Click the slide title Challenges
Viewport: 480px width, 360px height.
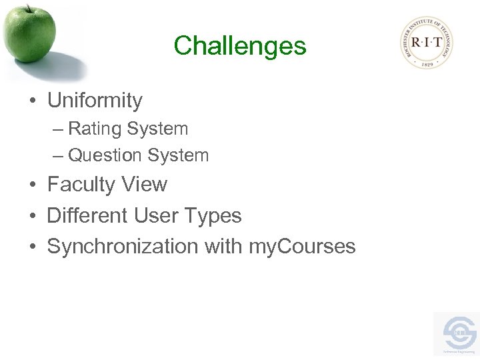pyautogui.click(x=239, y=46)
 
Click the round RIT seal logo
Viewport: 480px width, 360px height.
pyautogui.click(x=427, y=42)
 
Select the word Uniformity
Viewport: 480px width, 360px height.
pyautogui.click(x=95, y=101)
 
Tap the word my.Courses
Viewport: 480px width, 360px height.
pyautogui.click(x=302, y=247)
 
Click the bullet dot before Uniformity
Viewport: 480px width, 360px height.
pyautogui.click(x=32, y=102)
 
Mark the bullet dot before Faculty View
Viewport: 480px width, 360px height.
pyautogui.click(x=32, y=185)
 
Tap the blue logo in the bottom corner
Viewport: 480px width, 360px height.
pyautogui.click(x=458, y=333)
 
